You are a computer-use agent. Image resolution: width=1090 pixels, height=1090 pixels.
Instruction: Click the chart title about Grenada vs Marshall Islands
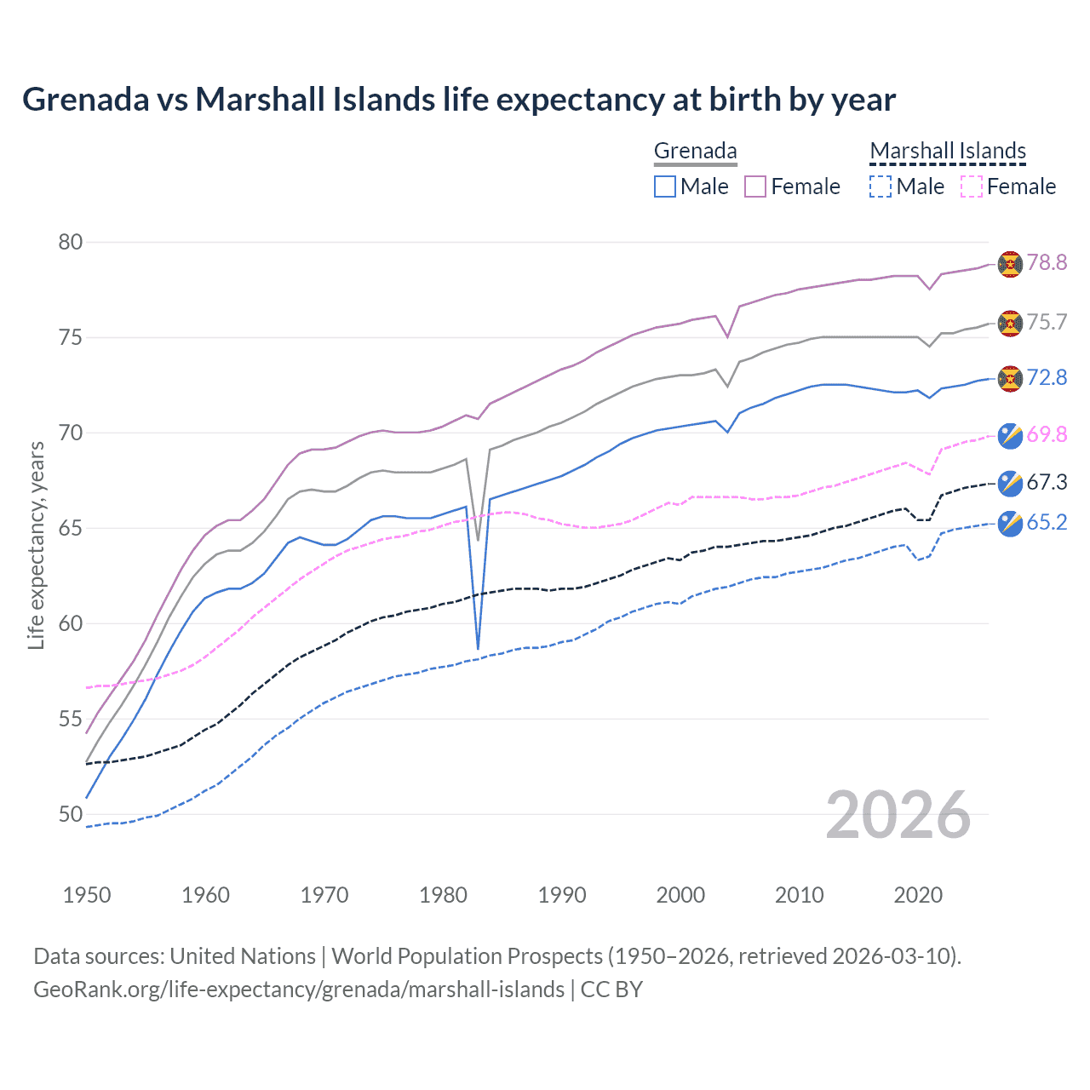point(459,100)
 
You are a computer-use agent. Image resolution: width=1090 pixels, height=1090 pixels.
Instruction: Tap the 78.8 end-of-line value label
point(1047,262)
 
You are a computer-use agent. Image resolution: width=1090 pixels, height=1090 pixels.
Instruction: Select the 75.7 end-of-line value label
point(1047,322)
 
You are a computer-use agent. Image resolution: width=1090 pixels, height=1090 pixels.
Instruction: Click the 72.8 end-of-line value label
point(1047,377)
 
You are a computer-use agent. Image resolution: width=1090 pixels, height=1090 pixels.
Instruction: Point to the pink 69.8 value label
point(1047,434)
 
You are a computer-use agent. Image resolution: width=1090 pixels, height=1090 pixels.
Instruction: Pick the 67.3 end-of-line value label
point(1047,482)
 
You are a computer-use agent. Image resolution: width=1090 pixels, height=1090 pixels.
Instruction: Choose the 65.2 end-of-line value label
point(1047,522)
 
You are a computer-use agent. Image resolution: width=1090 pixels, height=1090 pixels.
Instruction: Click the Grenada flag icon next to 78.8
point(1010,264)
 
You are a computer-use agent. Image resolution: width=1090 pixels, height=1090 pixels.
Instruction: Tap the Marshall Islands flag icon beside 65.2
point(1010,523)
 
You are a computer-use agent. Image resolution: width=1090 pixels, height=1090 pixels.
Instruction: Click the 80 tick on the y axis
point(71,243)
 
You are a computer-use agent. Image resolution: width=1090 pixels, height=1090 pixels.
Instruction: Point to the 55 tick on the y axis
point(71,720)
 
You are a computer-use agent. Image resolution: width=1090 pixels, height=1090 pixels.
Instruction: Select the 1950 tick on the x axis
point(87,895)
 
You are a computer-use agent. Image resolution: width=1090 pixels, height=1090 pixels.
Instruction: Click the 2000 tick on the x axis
point(680,895)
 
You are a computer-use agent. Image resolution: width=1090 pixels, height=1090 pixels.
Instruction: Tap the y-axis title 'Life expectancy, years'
point(37,545)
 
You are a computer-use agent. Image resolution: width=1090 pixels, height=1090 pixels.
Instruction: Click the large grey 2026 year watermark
point(898,815)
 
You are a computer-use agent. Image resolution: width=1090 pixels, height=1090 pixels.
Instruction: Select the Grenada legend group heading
point(695,151)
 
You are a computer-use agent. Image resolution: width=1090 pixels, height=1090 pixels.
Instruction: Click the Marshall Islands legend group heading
point(948,151)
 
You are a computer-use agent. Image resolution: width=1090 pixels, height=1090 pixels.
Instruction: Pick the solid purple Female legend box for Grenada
point(755,186)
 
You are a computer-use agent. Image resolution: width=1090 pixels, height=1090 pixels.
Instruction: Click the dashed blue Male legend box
point(881,186)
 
